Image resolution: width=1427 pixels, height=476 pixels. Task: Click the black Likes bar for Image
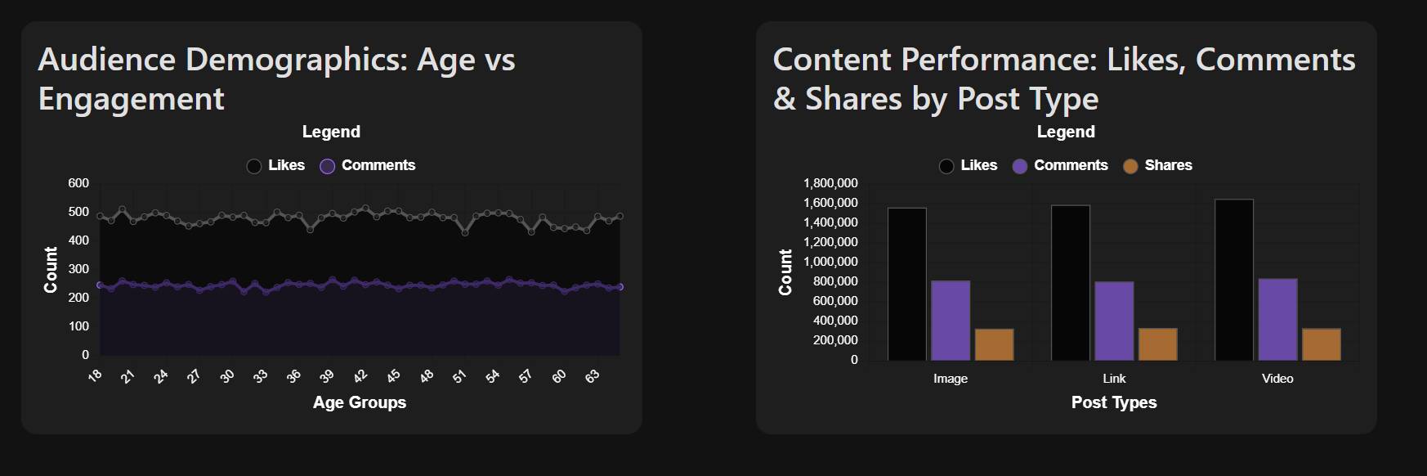pos(907,284)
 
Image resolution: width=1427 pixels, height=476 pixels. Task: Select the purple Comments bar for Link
pos(1114,321)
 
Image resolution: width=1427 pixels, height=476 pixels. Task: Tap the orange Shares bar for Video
pos(1321,344)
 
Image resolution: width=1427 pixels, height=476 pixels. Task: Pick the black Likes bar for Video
pos(1234,280)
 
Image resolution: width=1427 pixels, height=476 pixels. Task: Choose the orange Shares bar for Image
pos(994,344)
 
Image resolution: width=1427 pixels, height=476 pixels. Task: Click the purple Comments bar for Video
pos(1277,319)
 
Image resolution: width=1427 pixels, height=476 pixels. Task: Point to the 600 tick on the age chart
pos(78,183)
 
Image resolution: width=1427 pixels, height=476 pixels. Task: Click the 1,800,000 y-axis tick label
pos(830,183)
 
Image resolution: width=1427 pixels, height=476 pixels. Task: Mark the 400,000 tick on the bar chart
pos(835,321)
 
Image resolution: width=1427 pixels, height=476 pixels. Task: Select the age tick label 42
pos(360,376)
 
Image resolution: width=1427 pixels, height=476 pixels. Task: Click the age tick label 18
pos(96,375)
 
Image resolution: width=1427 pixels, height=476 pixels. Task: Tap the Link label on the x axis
pos(1114,379)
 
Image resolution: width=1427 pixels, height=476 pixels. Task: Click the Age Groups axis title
pos(360,402)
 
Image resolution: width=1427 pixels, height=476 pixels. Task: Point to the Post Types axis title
pos(1114,402)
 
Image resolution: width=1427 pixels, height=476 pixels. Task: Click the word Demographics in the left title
pos(296,60)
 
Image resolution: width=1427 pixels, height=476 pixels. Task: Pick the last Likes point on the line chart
pos(620,216)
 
